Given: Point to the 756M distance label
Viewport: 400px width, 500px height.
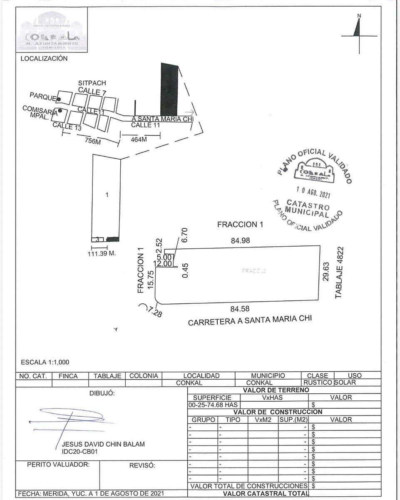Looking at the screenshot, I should click(x=93, y=141).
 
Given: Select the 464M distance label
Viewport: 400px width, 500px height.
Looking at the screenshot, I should click(x=139, y=139).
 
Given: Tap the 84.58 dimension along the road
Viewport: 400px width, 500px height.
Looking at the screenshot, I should click(x=240, y=309).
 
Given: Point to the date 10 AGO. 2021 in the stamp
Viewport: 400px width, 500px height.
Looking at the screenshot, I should click(x=313, y=192).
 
